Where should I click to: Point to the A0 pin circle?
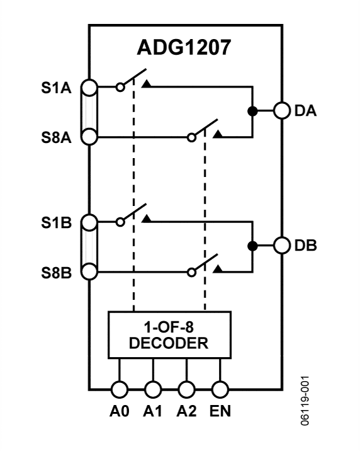(x=120, y=389)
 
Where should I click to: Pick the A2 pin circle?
(x=186, y=389)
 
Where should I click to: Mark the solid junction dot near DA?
(x=252, y=111)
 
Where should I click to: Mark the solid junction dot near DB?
(x=252, y=246)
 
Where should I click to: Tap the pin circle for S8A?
(x=89, y=137)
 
